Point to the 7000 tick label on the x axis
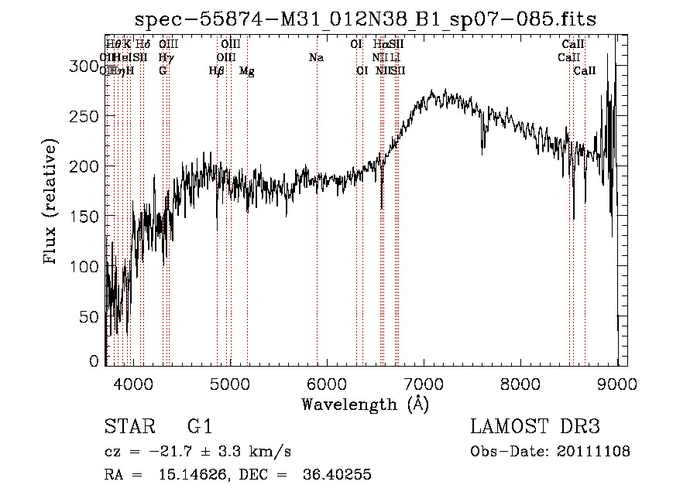pos(424,383)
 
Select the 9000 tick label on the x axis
pos(617,383)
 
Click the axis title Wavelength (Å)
pos(365,404)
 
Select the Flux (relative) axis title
pos(52,203)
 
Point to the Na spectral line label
pos(316,57)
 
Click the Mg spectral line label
pos(247,71)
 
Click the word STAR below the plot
pos(125,427)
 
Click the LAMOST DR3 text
pos(534,427)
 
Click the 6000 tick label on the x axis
pos(327,383)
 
